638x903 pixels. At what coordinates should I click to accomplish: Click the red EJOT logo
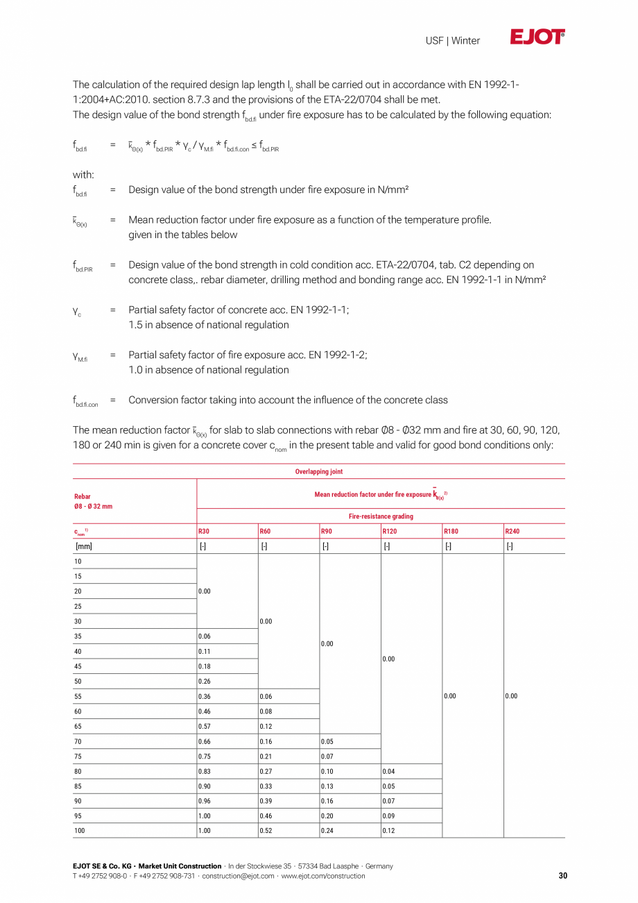[x=537, y=37]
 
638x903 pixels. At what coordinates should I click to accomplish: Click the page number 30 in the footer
[x=562, y=876]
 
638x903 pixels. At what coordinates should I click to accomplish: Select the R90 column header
[x=327, y=532]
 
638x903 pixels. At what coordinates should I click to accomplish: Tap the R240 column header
[x=512, y=532]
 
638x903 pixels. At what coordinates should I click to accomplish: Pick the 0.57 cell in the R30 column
[x=205, y=727]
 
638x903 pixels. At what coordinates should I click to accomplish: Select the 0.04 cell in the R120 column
[x=388, y=771]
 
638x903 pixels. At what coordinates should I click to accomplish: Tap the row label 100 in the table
[x=80, y=831]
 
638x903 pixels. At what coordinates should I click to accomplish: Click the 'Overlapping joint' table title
[x=319, y=472]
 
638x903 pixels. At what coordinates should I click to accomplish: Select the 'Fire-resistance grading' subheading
[x=381, y=517]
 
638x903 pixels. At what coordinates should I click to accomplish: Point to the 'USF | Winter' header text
[x=453, y=41]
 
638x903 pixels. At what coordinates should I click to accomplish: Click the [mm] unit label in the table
[x=83, y=546]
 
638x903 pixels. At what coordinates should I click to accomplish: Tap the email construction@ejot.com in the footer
[x=238, y=876]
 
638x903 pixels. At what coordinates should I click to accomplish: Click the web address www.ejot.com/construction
[x=322, y=876]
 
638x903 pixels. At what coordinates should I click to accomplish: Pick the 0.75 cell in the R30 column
[x=205, y=757]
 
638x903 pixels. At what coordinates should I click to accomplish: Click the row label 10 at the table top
[x=78, y=562]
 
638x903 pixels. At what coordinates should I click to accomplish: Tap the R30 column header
[x=204, y=532]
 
